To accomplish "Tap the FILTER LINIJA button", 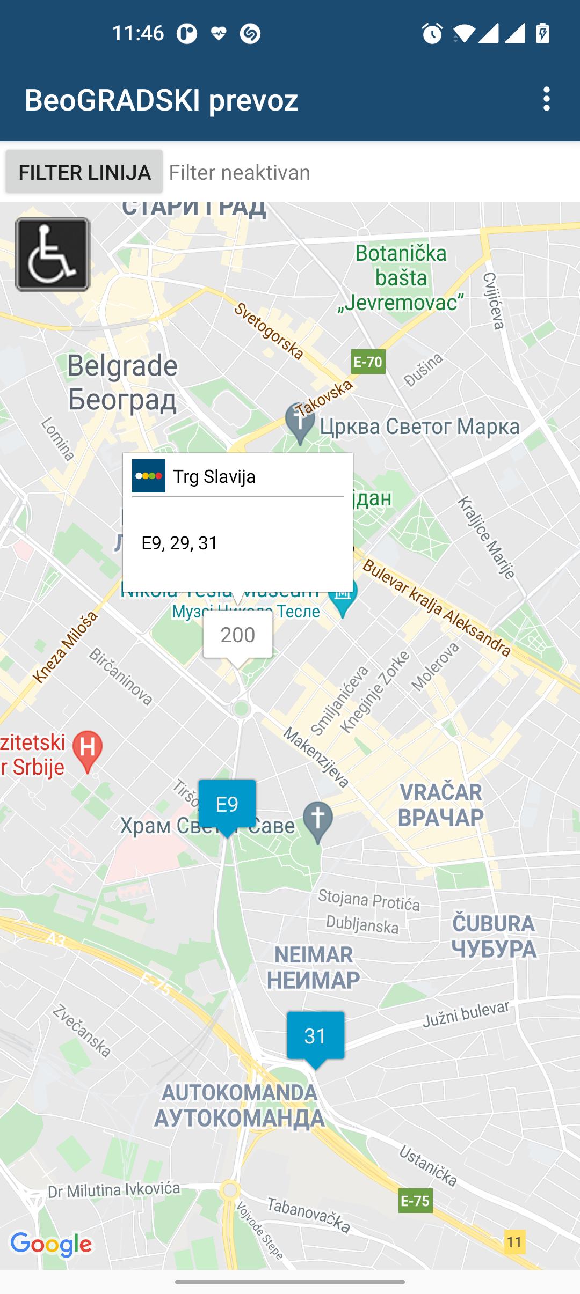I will pyautogui.click(x=84, y=172).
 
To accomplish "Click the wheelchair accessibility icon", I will pyautogui.click(x=53, y=254).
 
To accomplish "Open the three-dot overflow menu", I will pyautogui.click(x=546, y=99).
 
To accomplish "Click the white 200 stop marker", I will pyautogui.click(x=237, y=635).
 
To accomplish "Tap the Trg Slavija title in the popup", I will pyautogui.click(x=214, y=476).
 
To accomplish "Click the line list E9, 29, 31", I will pyautogui.click(x=179, y=543).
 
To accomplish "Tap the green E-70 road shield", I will pyautogui.click(x=368, y=362).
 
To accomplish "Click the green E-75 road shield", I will pyautogui.click(x=415, y=1200).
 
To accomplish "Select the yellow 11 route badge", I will pyautogui.click(x=514, y=1242).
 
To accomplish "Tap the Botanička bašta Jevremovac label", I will pyautogui.click(x=401, y=278).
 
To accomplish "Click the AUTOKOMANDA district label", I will pyautogui.click(x=240, y=1105).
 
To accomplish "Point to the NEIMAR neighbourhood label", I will pyautogui.click(x=314, y=967).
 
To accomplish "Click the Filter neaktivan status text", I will pyautogui.click(x=240, y=173).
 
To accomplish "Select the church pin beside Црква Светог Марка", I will pyautogui.click(x=300, y=421).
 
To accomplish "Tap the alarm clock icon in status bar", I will pyautogui.click(x=432, y=34).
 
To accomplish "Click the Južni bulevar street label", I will pyautogui.click(x=466, y=1015).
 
